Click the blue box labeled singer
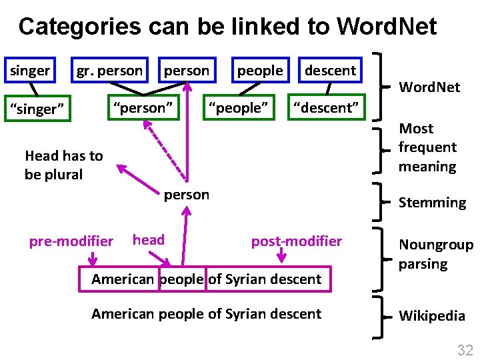[x=29, y=71]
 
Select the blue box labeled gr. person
[x=109, y=71]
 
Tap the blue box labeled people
[x=259, y=71]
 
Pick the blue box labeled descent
[x=330, y=71]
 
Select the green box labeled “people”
[x=239, y=107]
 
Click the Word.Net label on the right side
[x=429, y=87]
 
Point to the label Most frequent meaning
[x=427, y=147]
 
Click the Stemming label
[x=432, y=203]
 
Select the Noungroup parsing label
[x=435, y=254]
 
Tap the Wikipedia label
[x=431, y=316]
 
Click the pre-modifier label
[x=71, y=241]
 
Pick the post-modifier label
[x=296, y=241]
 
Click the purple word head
[x=149, y=240]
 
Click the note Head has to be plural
[x=63, y=165]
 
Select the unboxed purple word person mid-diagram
[x=187, y=195]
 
